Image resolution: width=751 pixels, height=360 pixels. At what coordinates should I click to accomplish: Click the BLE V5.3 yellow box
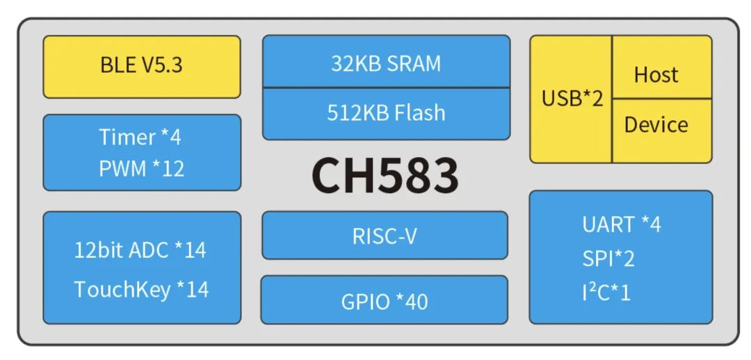tap(142, 67)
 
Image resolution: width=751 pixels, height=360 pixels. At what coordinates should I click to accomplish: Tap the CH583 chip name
tap(385, 175)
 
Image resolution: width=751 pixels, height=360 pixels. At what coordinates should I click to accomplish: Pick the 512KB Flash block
tap(386, 114)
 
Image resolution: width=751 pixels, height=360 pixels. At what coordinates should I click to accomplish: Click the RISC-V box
tap(385, 236)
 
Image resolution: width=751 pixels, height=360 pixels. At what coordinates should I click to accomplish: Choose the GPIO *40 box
tap(384, 300)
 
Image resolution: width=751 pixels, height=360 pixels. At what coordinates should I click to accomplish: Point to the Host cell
tap(662, 67)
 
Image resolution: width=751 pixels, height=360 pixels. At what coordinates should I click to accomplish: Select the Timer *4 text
tap(140, 138)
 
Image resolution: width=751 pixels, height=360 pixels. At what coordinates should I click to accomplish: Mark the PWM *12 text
tap(142, 168)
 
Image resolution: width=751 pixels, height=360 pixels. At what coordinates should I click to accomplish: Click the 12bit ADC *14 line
tap(140, 250)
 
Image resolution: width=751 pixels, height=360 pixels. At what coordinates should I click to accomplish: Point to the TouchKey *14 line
tap(141, 289)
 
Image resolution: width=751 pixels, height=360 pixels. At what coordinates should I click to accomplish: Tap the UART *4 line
tap(622, 224)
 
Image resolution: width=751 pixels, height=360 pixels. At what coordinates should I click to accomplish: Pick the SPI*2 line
tap(608, 259)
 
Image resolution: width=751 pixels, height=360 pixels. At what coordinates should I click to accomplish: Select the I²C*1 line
tap(606, 292)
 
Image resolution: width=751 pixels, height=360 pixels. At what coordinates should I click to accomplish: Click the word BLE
tap(118, 65)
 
